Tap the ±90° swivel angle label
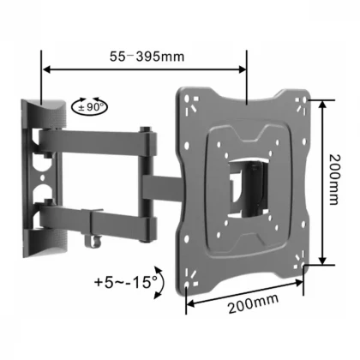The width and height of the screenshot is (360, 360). tap(93, 107)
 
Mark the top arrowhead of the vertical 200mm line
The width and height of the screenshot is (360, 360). tap(321, 105)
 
